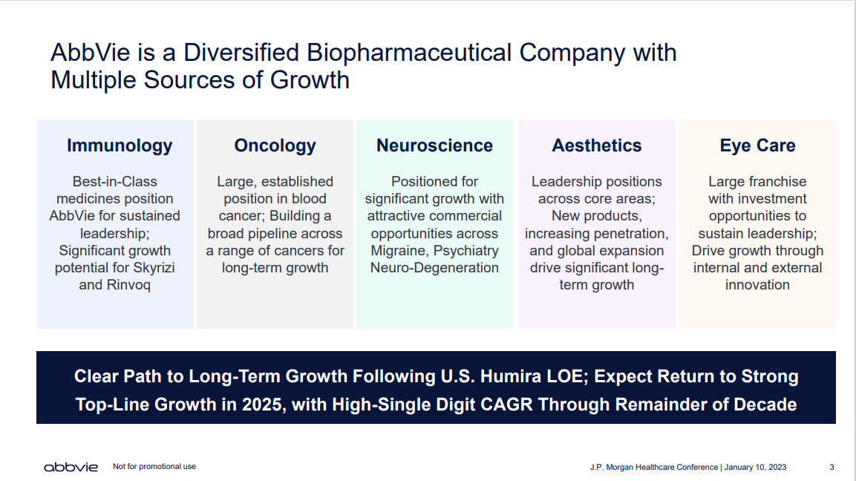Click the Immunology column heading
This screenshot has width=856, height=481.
pyautogui.click(x=120, y=145)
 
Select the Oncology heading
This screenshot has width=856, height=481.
pyautogui.click(x=275, y=145)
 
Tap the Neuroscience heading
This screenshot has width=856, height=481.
pyautogui.click(x=434, y=145)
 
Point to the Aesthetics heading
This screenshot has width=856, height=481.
pyautogui.click(x=597, y=145)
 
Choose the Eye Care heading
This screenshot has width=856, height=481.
pyautogui.click(x=758, y=145)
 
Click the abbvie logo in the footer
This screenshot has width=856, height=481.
pyautogui.click(x=71, y=467)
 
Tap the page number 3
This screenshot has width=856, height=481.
pyautogui.click(x=832, y=468)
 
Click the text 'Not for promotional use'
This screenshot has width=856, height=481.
pyautogui.click(x=154, y=466)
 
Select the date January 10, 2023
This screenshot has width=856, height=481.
pyautogui.click(x=756, y=468)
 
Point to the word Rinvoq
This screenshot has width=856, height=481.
pyautogui.click(x=129, y=285)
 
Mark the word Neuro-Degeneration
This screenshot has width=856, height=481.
pyautogui.click(x=434, y=268)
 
